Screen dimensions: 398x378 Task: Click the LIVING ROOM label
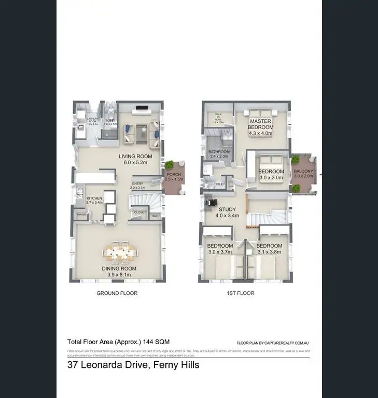tap(135, 156)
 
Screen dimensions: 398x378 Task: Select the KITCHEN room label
tap(94, 198)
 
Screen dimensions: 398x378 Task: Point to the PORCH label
tap(173, 175)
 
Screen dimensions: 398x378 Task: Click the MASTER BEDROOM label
tap(260, 123)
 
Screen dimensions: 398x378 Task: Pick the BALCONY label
tap(303, 171)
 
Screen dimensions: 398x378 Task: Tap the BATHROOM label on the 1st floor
tap(219, 152)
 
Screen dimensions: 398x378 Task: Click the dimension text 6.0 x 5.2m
tap(135, 162)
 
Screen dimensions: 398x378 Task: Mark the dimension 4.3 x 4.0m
tap(260, 133)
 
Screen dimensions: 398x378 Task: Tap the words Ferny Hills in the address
tap(173, 365)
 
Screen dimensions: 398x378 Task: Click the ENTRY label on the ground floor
tap(137, 183)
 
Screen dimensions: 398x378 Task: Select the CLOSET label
tap(140, 212)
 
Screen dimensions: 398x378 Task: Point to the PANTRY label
tap(81, 214)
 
